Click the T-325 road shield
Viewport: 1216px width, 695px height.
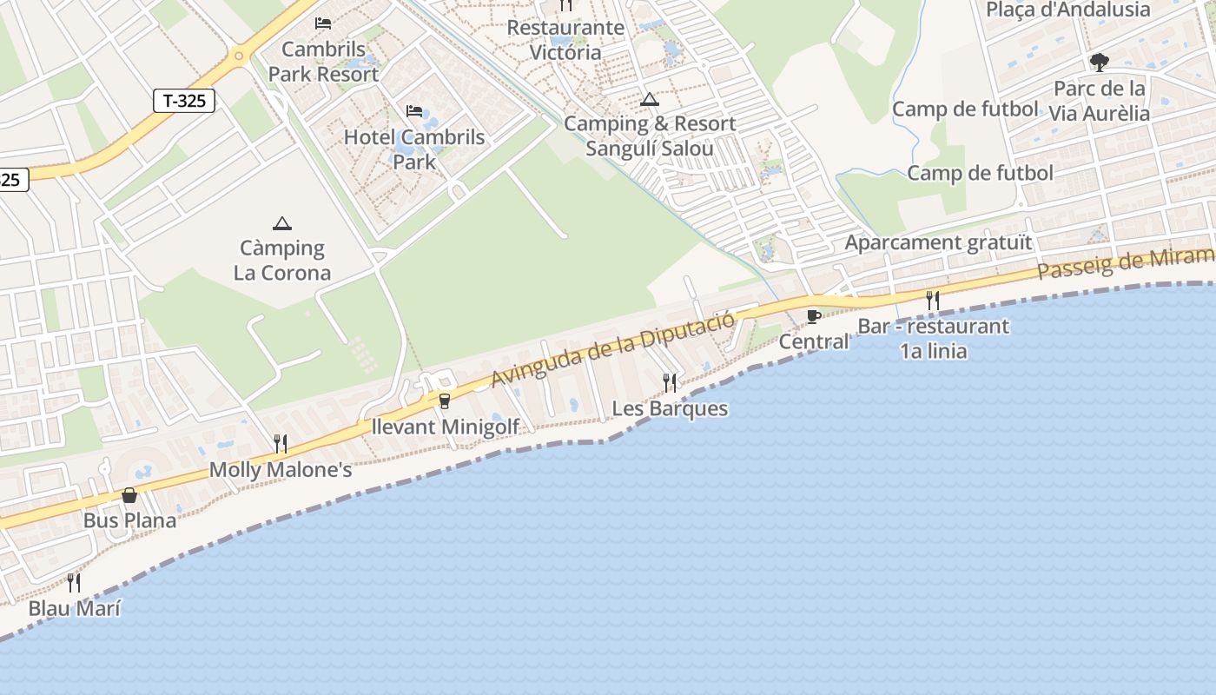[x=184, y=101]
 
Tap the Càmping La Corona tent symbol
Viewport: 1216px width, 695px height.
[x=282, y=224]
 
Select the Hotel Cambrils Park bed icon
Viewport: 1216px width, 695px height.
[x=414, y=111]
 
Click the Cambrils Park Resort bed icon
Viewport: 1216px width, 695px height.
[x=323, y=23]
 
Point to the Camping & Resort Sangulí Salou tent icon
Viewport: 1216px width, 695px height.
[x=650, y=100]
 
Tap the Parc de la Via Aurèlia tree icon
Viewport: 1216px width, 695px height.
[x=1100, y=63]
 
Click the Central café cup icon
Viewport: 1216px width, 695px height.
[x=813, y=316]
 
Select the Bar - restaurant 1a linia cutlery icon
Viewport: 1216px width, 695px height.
[x=933, y=301]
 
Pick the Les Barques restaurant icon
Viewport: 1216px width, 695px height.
[x=670, y=382]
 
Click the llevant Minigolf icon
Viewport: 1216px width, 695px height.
[x=445, y=400]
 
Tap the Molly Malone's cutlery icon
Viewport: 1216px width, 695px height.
[x=281, y=444]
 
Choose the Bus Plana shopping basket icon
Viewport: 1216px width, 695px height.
[x=129, y=495]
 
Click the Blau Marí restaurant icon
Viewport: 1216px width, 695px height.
[x=74, y=582]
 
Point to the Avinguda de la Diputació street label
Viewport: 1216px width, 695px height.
[x=613, y=347]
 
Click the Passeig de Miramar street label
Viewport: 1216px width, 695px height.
[x=1126, y=262]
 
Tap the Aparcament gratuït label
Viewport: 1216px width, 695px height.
[x=939, y=242]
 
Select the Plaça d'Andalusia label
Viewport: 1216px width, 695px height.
[x=1067, y=10]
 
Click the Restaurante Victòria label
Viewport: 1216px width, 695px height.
[x=565, y=40]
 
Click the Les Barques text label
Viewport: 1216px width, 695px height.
[x=670, y=408]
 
